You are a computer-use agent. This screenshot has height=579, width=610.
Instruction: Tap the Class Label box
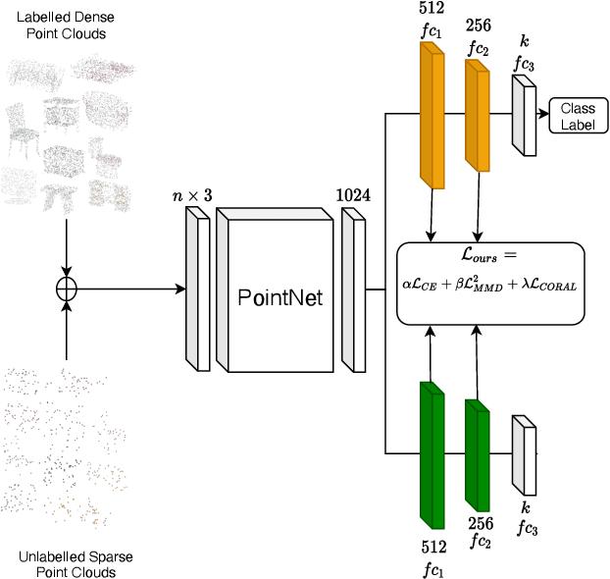coord(577,116)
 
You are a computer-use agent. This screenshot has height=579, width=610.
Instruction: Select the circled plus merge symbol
coord(67,289)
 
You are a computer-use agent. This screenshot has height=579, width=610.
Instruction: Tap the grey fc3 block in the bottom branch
coord(525,453)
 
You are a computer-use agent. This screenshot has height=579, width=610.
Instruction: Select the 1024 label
coord(353,195)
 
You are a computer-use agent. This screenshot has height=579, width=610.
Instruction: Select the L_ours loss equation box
coord(489,284)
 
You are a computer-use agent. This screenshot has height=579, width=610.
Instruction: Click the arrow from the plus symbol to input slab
coord(127,289)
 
